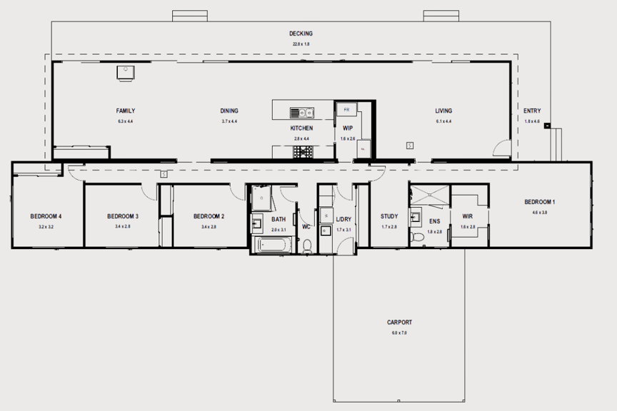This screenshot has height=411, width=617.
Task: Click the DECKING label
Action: [301, 34]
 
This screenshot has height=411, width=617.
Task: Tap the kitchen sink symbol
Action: [301, 111]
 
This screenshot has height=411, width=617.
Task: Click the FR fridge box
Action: [346, 109]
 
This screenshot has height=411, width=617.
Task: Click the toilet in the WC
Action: [308, 246]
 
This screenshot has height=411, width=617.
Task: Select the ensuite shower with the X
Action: [429, 194]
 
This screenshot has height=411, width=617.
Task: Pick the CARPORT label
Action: [400, 323]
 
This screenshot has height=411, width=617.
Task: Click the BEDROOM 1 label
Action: [539, 202]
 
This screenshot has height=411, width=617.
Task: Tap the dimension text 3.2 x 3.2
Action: [46, 227]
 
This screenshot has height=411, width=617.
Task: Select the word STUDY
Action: [389, 216]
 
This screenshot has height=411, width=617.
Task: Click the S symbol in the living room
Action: [409, 145]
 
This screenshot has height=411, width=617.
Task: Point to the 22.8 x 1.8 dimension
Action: [301, 44]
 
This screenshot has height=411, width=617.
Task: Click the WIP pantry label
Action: [348, 128]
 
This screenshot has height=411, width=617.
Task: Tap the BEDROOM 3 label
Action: [123, 216]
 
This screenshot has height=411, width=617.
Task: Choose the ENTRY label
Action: [532, 111]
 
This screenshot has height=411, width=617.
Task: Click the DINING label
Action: [229, 111]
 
